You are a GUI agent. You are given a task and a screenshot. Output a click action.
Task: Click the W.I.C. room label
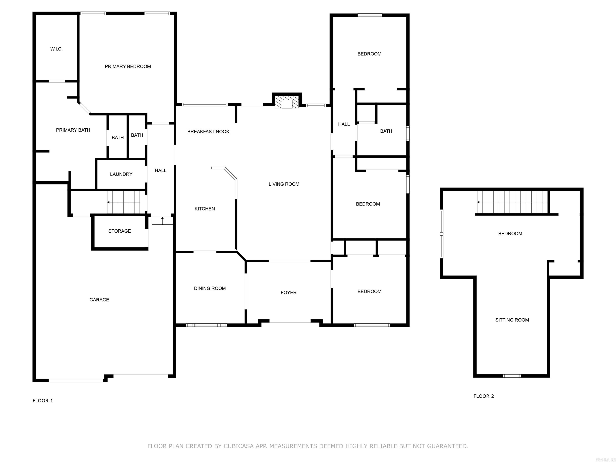pyautogui.click(x=56, y=49)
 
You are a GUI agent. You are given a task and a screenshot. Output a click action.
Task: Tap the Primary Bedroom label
pyautogui.click(x=128, y=67)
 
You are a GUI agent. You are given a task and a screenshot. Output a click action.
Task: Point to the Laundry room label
pyautogui.click(x=121, y=174)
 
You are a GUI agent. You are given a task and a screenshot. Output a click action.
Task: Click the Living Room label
pyautogui.click(x=284, y=184)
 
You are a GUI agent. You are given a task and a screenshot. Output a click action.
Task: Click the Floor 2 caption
pyautogui.click(x=483, y=396)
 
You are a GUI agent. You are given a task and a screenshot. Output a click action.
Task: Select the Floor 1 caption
pyautogui.click(x=43, y=401)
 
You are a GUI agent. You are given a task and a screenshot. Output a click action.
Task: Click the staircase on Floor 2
pyautogui.click(x=512, y=202)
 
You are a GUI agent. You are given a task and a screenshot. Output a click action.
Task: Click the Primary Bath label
pyautogui.click(x=73, y=130)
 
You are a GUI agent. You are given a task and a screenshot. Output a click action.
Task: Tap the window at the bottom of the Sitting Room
pyautogui.click(x=512, y=376)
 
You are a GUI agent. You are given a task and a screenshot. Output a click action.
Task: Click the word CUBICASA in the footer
pyautogui.click(x=239, y=446)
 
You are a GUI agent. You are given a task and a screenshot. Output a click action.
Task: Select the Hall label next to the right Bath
pyautogui.click(x=344, y=124)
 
